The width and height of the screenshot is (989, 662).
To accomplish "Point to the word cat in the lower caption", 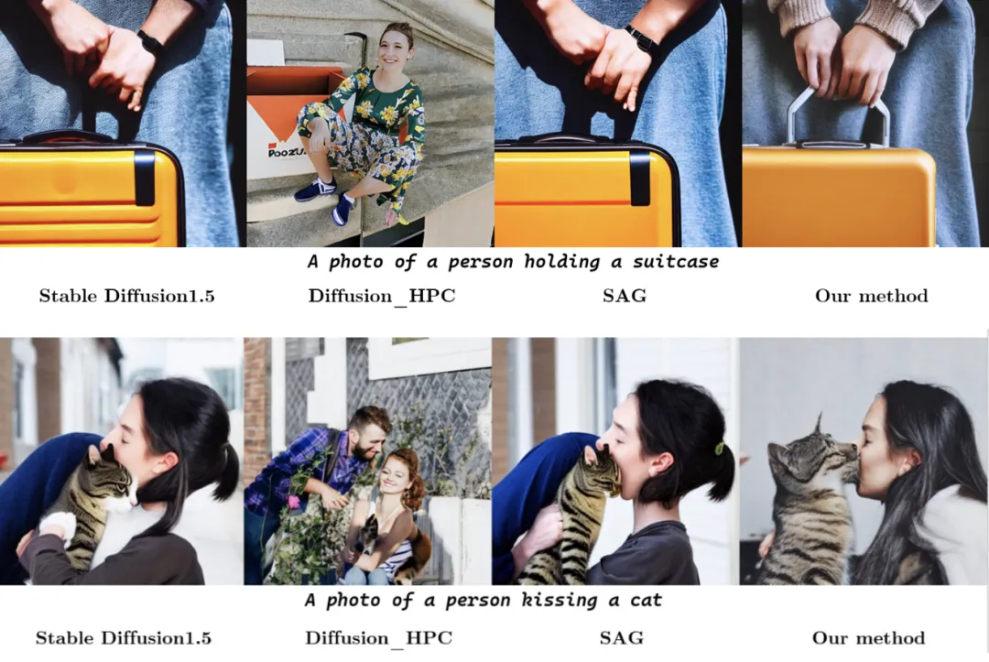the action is coord(646,601).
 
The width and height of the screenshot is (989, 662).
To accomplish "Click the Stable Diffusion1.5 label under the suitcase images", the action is coord(126,296).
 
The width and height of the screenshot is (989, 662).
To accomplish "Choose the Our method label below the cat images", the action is coord(868,638).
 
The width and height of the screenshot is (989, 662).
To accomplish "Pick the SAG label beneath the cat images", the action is coord(621,638).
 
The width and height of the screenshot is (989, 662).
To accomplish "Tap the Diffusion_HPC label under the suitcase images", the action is coord(382,297).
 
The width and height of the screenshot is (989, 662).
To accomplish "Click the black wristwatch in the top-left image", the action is coord(150,41).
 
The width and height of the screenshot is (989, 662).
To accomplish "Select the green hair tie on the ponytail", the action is coord(719,449).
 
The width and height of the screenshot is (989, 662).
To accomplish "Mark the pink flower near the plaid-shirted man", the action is coord(293,501).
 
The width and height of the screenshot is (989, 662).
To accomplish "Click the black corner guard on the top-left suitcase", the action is coord(145,178).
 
